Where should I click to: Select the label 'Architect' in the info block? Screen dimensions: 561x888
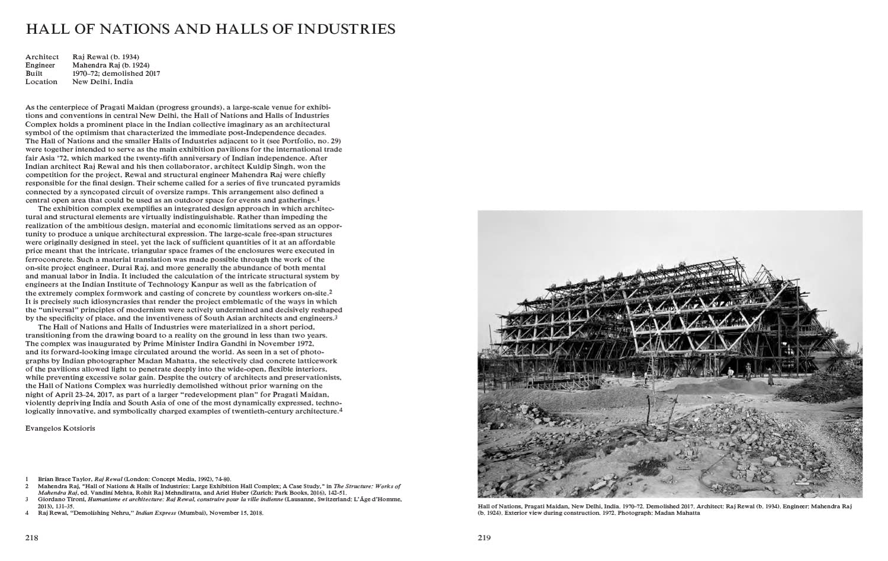click(x=42, y=57)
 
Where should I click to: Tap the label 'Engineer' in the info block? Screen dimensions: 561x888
click(x=40, y=65)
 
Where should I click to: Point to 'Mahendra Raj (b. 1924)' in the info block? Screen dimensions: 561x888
click(x=111, y=65)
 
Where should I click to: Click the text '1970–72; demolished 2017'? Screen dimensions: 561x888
click(x=116, y=73)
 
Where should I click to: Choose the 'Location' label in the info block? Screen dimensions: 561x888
click(x=41, y=82)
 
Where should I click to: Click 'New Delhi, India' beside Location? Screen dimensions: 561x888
click(x=102, y=82)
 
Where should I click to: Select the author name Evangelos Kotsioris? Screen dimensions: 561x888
click(x=60, y=428)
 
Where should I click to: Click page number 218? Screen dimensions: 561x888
click(x=31, y=538)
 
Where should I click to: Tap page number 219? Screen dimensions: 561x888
click(x=484, y=538)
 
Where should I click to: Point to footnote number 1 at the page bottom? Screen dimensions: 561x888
click(x=27, y=479)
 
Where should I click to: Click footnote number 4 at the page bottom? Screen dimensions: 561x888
click(x=27, y=513)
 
